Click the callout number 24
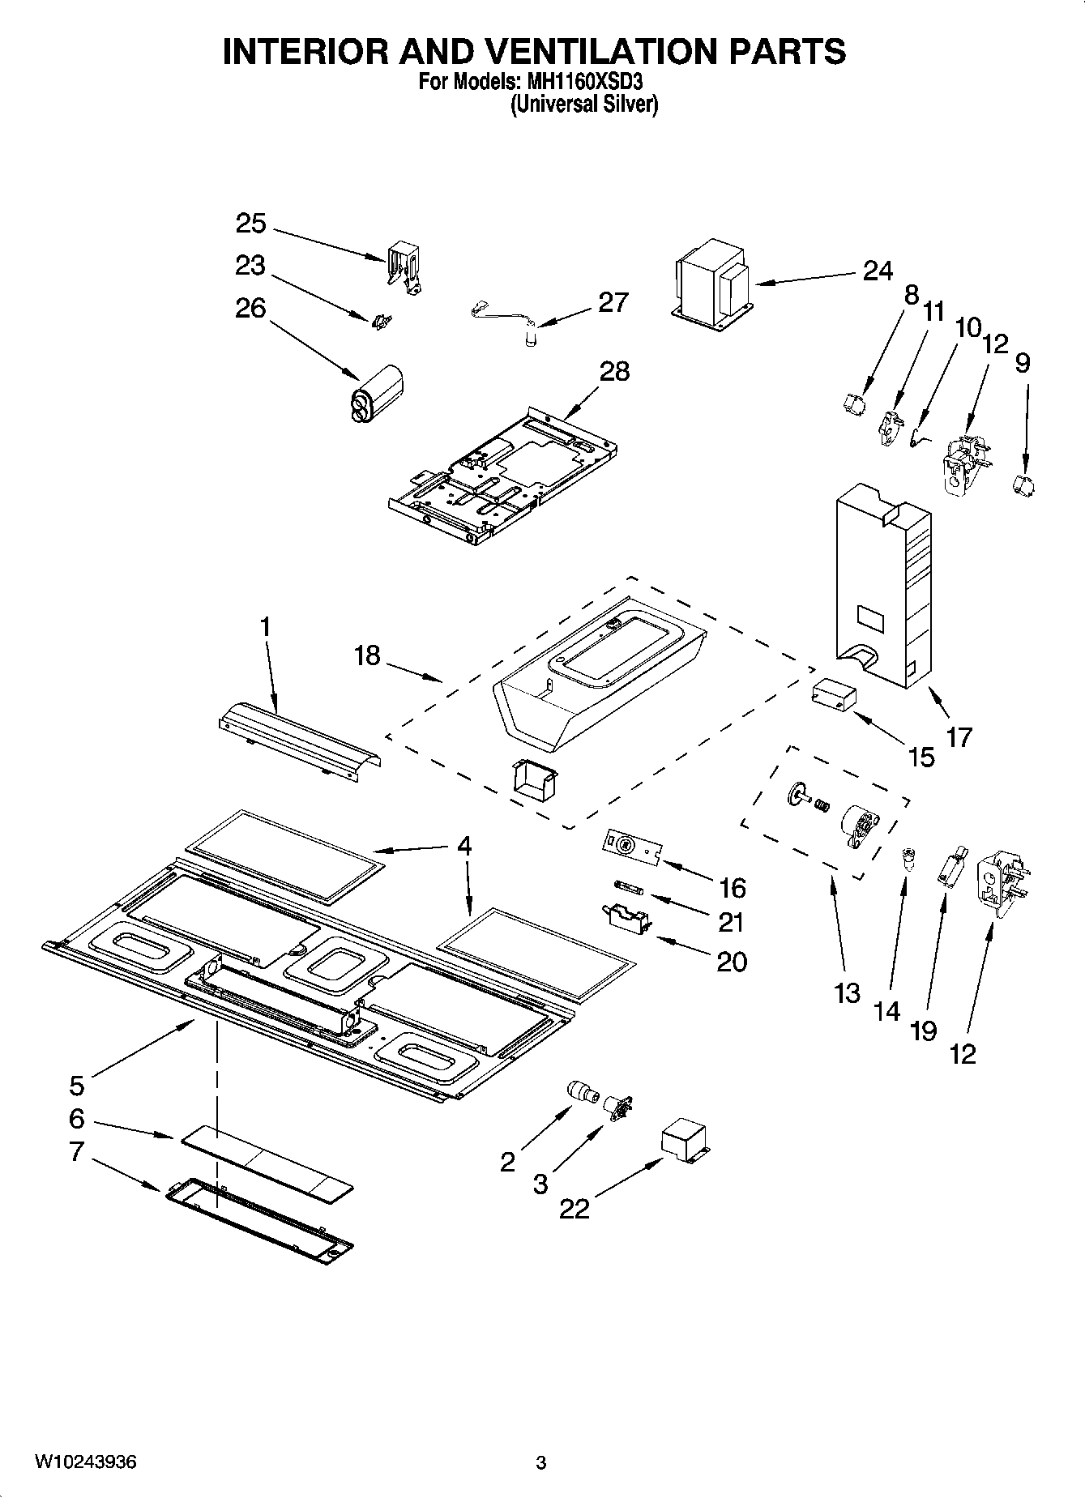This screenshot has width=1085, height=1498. (x=877, y=271)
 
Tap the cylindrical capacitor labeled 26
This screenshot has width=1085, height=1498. (x=376, y=394)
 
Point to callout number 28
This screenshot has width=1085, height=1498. (x=614, y=371)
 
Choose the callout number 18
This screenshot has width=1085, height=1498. (x=366, y=655)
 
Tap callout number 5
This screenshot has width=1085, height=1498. (x=76, y=1084)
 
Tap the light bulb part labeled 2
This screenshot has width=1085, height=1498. (x=582, y=1091)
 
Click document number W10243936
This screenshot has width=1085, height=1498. (x=84, y=1462)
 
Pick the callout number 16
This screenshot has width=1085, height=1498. (x=732, y=888)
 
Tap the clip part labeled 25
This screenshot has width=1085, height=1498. (x=404, y=267)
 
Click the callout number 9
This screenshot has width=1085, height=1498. (x=1023, y=362)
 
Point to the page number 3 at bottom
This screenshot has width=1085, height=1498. (x=541, y=1462)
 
